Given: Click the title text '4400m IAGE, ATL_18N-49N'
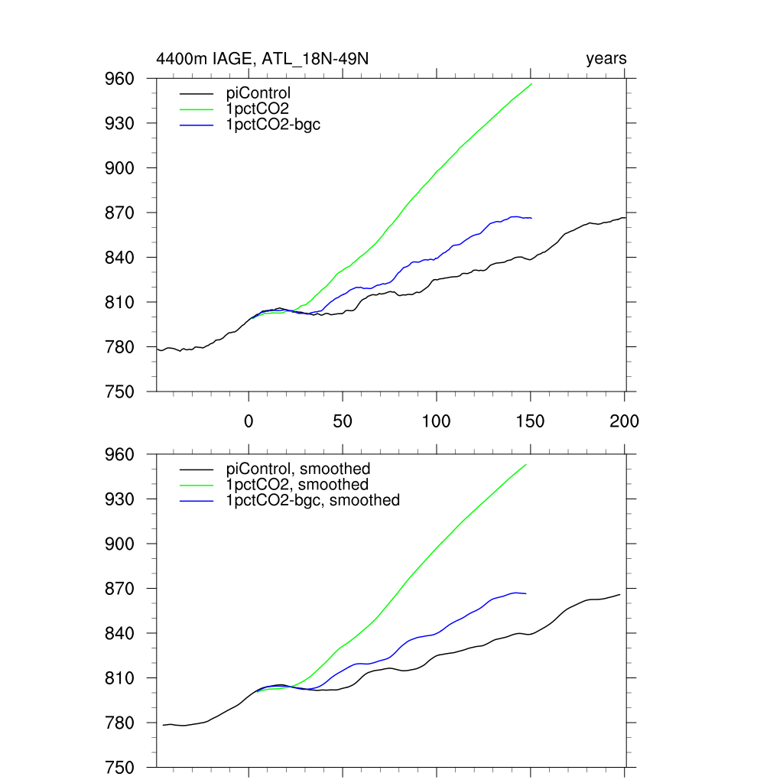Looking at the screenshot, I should tap(262, 59).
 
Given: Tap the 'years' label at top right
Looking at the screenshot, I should tap(606, 59).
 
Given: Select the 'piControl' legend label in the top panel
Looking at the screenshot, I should tap(258, 93).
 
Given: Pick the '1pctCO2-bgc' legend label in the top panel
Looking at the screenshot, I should tap(273, 124).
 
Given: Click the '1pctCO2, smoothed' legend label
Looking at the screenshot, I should tap(297, 485).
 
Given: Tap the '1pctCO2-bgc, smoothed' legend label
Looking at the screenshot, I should tap(313, 500).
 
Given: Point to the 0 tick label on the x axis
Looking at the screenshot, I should tap(249, 421).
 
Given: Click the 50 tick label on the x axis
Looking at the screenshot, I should tap(343, 421).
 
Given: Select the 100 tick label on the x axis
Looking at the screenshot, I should tap(436, 421).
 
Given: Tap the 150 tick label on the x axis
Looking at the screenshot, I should tap(530, 421).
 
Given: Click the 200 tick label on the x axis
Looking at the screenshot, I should tap(624, 421).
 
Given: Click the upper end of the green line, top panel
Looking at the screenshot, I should tap(531, 83).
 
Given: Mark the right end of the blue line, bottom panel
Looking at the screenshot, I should tap(526, 593).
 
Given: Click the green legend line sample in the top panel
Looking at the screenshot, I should tap(197, 109).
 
